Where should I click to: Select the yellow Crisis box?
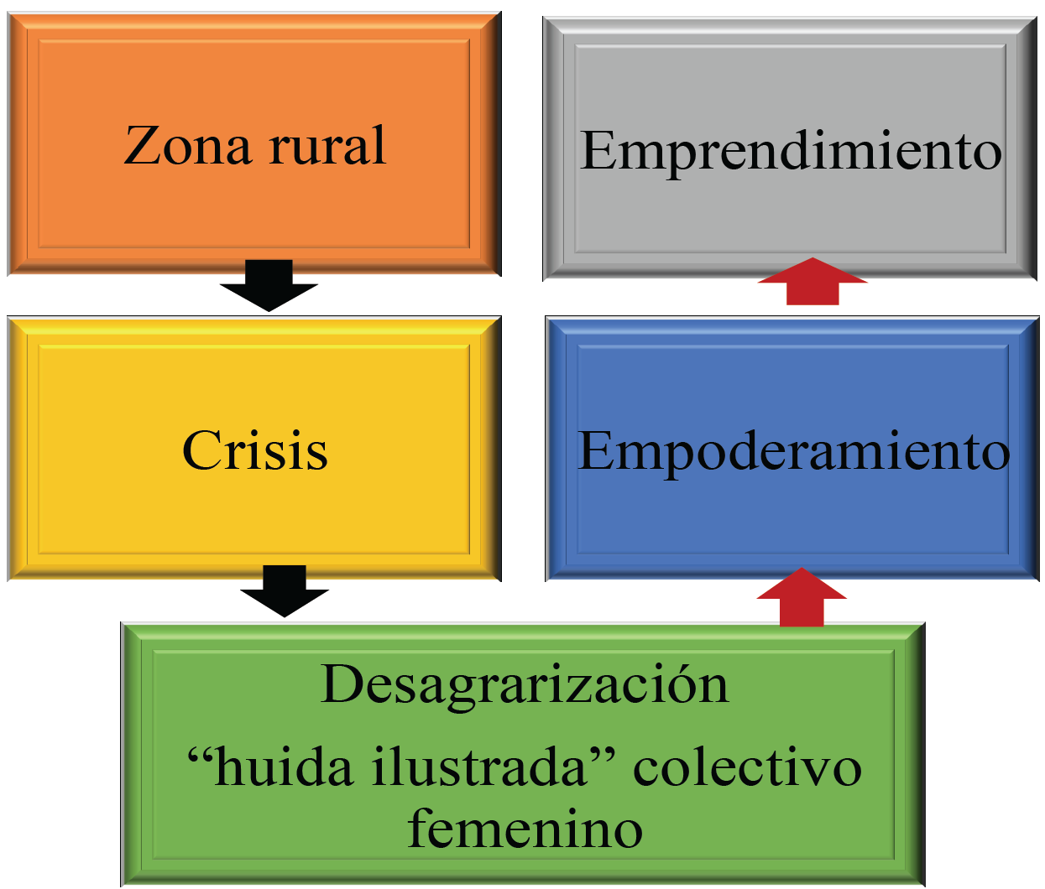tap(254, 512)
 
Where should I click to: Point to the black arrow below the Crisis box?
tap(285, 592)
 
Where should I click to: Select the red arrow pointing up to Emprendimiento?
tap(812, 282)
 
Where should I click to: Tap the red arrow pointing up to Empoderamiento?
tap(802, 597)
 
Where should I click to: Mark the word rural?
tap(327, 146)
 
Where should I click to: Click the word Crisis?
tap(254, 450)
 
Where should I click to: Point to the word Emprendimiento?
tap(791, 152)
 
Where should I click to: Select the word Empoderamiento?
tap(793, 451)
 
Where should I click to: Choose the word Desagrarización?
tap(525, 684)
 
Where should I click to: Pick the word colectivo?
tap(747, 768)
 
